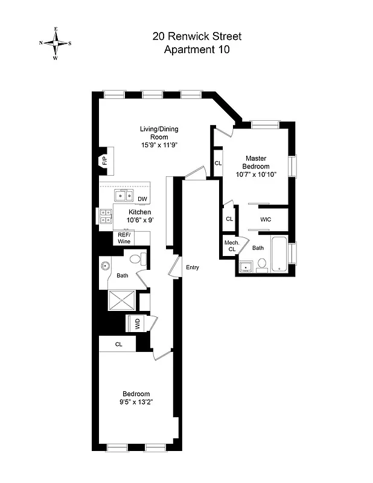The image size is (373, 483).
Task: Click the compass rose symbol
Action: point(56,43)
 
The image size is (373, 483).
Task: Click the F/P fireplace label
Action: point(104,161)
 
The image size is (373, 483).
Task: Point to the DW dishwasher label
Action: point(142,199)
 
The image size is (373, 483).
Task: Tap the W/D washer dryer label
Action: point(137,323)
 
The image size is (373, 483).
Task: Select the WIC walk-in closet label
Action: point(265,220)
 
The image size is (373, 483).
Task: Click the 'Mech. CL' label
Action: point(232,246)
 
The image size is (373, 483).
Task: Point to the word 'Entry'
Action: point(193,267)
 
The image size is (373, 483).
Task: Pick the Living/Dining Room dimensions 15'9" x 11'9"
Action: point(159,145)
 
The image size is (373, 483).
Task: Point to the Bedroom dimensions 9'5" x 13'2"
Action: point(136,403)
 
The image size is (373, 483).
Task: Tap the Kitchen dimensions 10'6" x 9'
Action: point(139,220)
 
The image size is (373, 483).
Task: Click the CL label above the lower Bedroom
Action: point(119,344)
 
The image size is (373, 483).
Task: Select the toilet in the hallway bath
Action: point(136,260)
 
